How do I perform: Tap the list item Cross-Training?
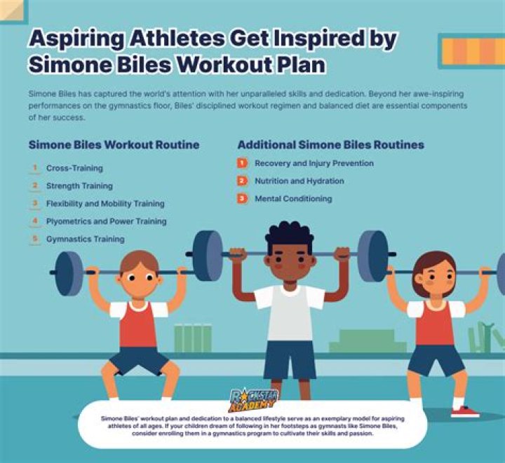(74, 169)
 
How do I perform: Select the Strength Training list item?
(79, 186)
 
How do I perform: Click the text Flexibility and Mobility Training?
(105, 204)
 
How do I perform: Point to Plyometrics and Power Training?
(106, 221)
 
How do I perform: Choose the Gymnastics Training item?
(85, 239)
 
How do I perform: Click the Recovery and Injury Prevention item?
(314, 163)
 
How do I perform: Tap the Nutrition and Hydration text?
(299, 181)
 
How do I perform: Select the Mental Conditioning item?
(293, 199)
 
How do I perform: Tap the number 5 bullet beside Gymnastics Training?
(34, 239)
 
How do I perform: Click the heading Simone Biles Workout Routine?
(114, 145)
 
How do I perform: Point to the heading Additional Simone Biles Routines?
(330, 145)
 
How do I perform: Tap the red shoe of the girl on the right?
(464, 411)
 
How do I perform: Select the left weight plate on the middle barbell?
(207, 256)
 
